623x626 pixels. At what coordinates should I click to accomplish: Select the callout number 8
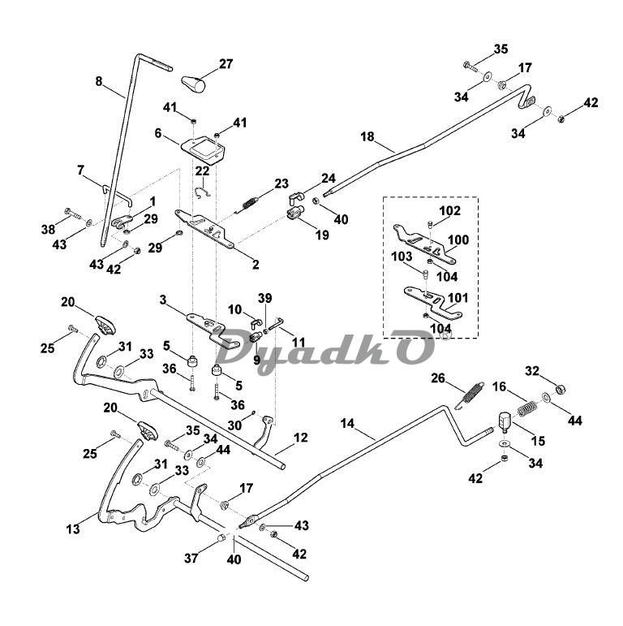pyautogui.click(x=100, y=80)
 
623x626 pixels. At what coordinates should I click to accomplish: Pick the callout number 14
pyautogui.click(x=348, y=424)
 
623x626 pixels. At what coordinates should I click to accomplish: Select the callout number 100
pyautogui.click(x=459, y=241)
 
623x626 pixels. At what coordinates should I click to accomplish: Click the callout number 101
pyautogui.click(x=458, y=298)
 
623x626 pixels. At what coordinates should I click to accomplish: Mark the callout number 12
pyautogui.click(x=300, y=438)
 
